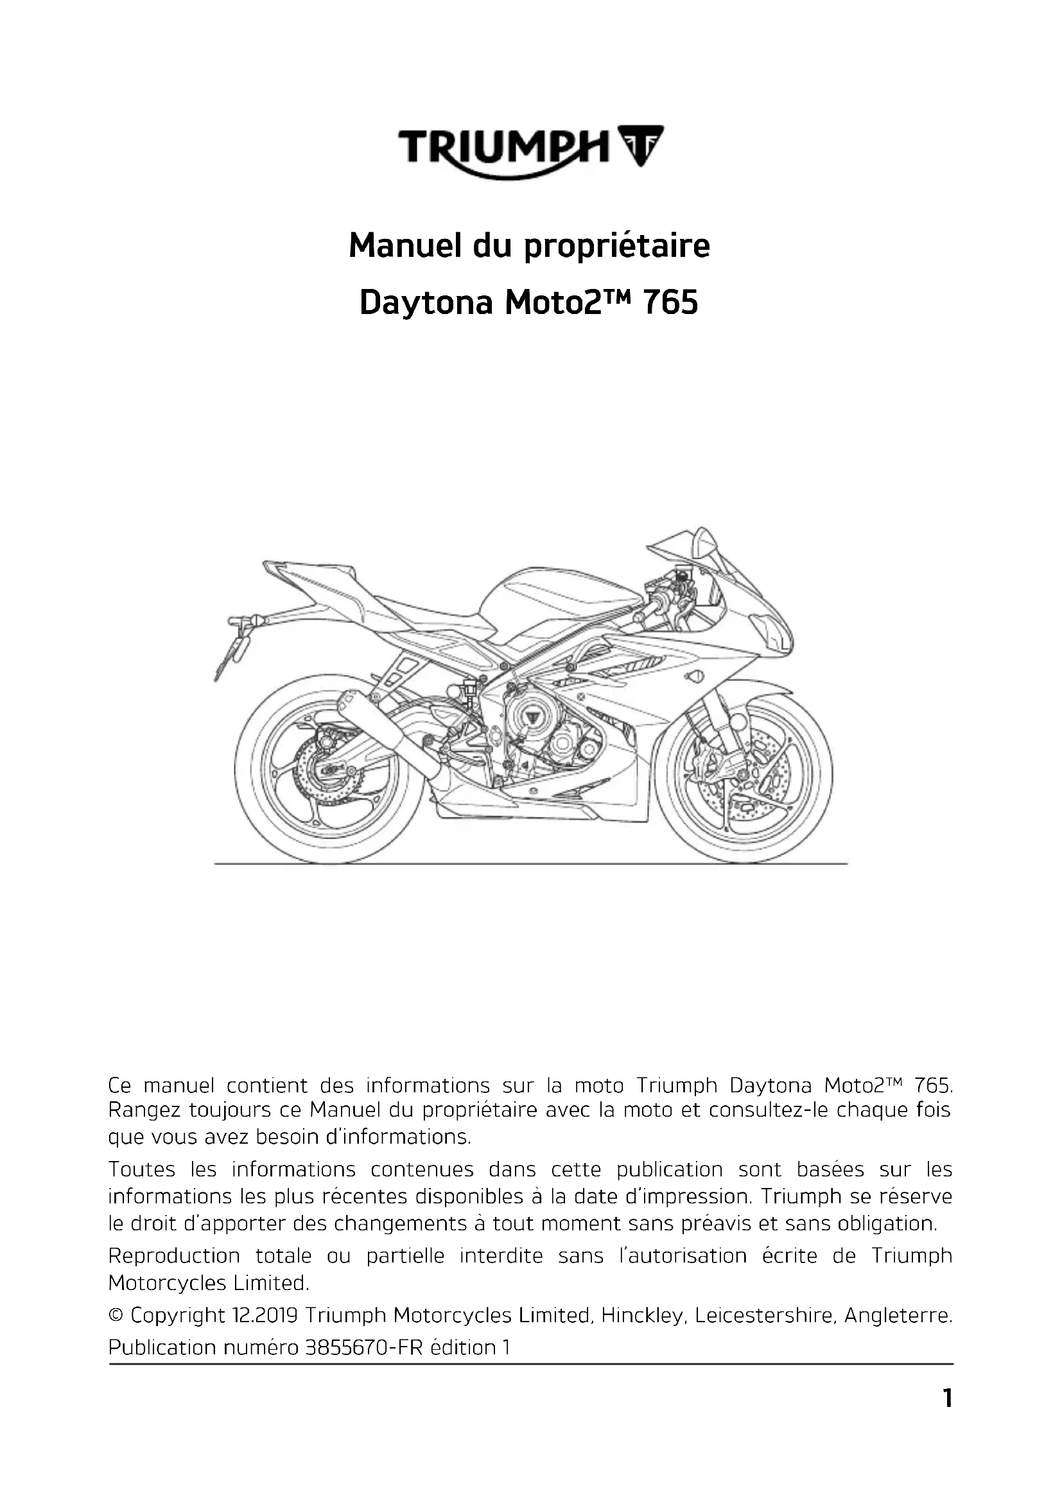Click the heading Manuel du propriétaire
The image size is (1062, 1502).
(529, 246)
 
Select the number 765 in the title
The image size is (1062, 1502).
(671, 304)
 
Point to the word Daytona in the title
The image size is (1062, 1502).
(426, 304)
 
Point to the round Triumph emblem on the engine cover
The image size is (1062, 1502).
(531, 719)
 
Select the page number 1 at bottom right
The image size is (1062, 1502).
(947, 1399)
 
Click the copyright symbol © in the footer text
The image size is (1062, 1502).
(116, 1316)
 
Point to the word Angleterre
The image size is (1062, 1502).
(897, 1316)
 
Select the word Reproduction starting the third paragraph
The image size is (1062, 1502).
(174, 1256)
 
